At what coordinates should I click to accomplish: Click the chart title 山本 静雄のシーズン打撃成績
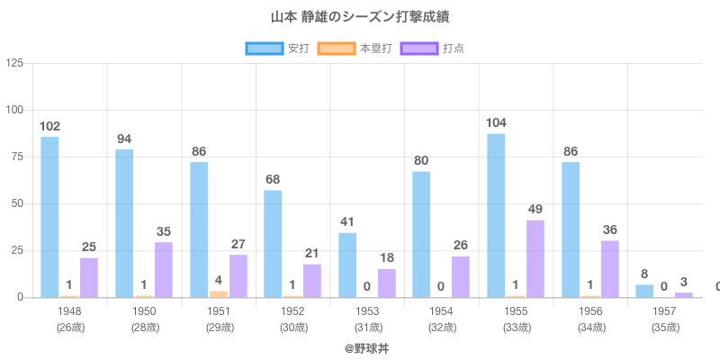click(360, 17)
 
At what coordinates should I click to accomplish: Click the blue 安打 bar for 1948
click(49, 217)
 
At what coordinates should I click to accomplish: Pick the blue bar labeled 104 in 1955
click(496, 215)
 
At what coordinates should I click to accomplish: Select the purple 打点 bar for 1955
click(535, 258)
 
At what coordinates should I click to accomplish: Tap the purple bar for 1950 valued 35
click(164, 269)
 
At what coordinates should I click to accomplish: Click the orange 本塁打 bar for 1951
click(219, 293)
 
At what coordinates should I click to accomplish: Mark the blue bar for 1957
click(644, 291)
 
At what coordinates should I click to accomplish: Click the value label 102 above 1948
click(49, 126)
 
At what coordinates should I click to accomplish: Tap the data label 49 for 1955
click(535, 209)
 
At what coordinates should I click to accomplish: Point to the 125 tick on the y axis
click(15, 63)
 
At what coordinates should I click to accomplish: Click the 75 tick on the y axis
click(18, 157)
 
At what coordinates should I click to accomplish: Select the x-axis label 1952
click(292, 311)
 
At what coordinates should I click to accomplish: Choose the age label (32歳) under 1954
click(441, 327)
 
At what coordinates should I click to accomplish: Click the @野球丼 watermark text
click(360, 347)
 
